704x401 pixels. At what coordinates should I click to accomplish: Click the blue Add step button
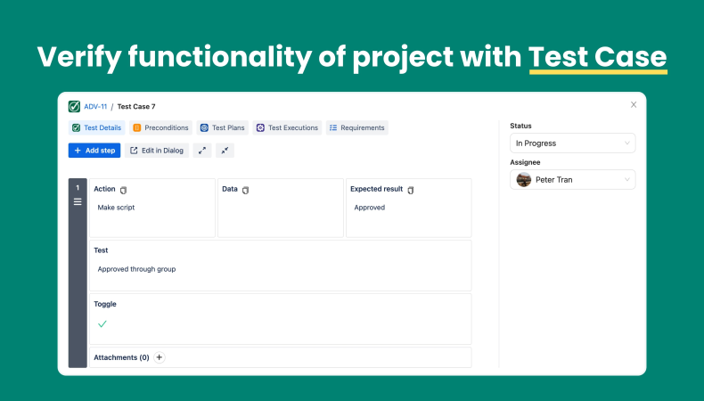click(94, 151)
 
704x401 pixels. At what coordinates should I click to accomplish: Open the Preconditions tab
click(160, 128)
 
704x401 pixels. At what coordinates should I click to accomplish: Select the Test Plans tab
click(222, 128)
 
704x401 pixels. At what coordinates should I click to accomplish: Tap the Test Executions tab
click(287, 128)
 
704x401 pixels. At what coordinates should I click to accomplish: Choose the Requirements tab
click(357, 128)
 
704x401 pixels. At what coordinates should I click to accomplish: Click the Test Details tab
click(96, 128)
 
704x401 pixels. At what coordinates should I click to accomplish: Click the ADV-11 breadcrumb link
click(95, 106)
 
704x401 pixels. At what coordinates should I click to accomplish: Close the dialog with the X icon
click(634, 104)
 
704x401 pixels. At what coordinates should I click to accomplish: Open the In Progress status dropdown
click(572, 143)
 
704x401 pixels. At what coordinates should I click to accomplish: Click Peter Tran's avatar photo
click(523, 180)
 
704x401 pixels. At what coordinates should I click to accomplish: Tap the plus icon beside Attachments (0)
click(160, 357)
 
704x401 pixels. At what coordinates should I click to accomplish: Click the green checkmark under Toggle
click(102, 323)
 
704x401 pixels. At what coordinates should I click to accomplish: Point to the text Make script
click(116, 208)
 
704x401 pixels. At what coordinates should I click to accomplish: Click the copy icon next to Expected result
click(410, 190)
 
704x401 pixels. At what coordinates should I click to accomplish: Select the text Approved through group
click(136, 269)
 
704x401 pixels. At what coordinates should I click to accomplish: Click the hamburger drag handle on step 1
click(78, 202)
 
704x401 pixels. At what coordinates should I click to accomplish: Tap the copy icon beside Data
click(245, 190)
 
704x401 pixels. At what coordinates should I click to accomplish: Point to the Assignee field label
click(525, 162)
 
